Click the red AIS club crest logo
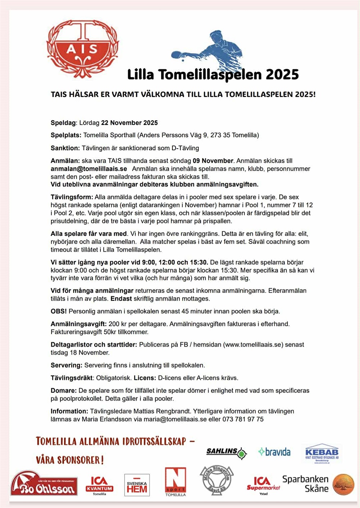pyautogui.click(x=82, y=49)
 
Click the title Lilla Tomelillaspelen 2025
pyautogui.click(x=213, y=75)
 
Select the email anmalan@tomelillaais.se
pyautogui.click(x=89, y=169)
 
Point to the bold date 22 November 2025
pyautogui.click(x=129, y=123)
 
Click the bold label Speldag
pyautogui.click(x=63, y=123)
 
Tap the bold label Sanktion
pyautogui.click(x=65, y=148)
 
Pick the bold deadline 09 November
pyautogui.click(x=213, y=161)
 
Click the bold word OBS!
pyautogui.click(x=59, y=311)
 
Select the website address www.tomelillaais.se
pyautogui.click(x=253, y=345)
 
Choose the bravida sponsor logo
pyautogui.click(x=274, y=452)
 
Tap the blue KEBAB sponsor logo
pyautogui.click(x=321, y=453)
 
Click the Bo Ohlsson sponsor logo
pyautogui.click(x=44, y=484)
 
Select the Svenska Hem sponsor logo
pyautogui.click(x=137, y=485)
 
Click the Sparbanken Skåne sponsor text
pyautogui.click(x=305, y=484)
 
